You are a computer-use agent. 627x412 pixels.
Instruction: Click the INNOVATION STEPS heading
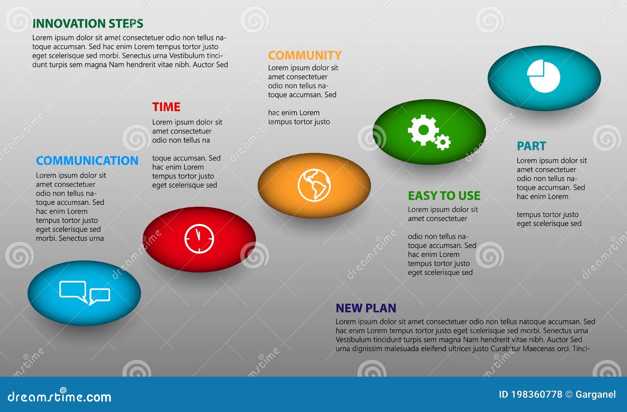(88, 24)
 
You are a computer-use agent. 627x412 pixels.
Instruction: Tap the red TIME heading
(166, 107)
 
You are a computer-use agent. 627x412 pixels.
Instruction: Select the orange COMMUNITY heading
(304, 55)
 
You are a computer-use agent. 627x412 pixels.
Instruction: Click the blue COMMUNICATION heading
(87, 161)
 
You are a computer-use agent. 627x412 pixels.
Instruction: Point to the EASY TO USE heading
(444, 195)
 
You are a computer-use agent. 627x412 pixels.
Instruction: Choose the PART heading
(531, 146)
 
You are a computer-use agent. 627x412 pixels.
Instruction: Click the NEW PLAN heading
(366, 308)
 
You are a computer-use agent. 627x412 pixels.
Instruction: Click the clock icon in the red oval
(199, 239)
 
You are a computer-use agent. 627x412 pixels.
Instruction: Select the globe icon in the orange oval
(314, 185)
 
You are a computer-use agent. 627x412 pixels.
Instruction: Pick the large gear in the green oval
(423, 129)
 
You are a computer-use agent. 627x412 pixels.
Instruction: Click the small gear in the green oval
(443, 142)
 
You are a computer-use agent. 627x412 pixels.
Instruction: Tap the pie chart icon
(544, 77)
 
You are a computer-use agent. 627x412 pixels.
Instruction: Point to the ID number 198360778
(536, 394)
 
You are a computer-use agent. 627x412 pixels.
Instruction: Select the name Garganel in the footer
(595, 394)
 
